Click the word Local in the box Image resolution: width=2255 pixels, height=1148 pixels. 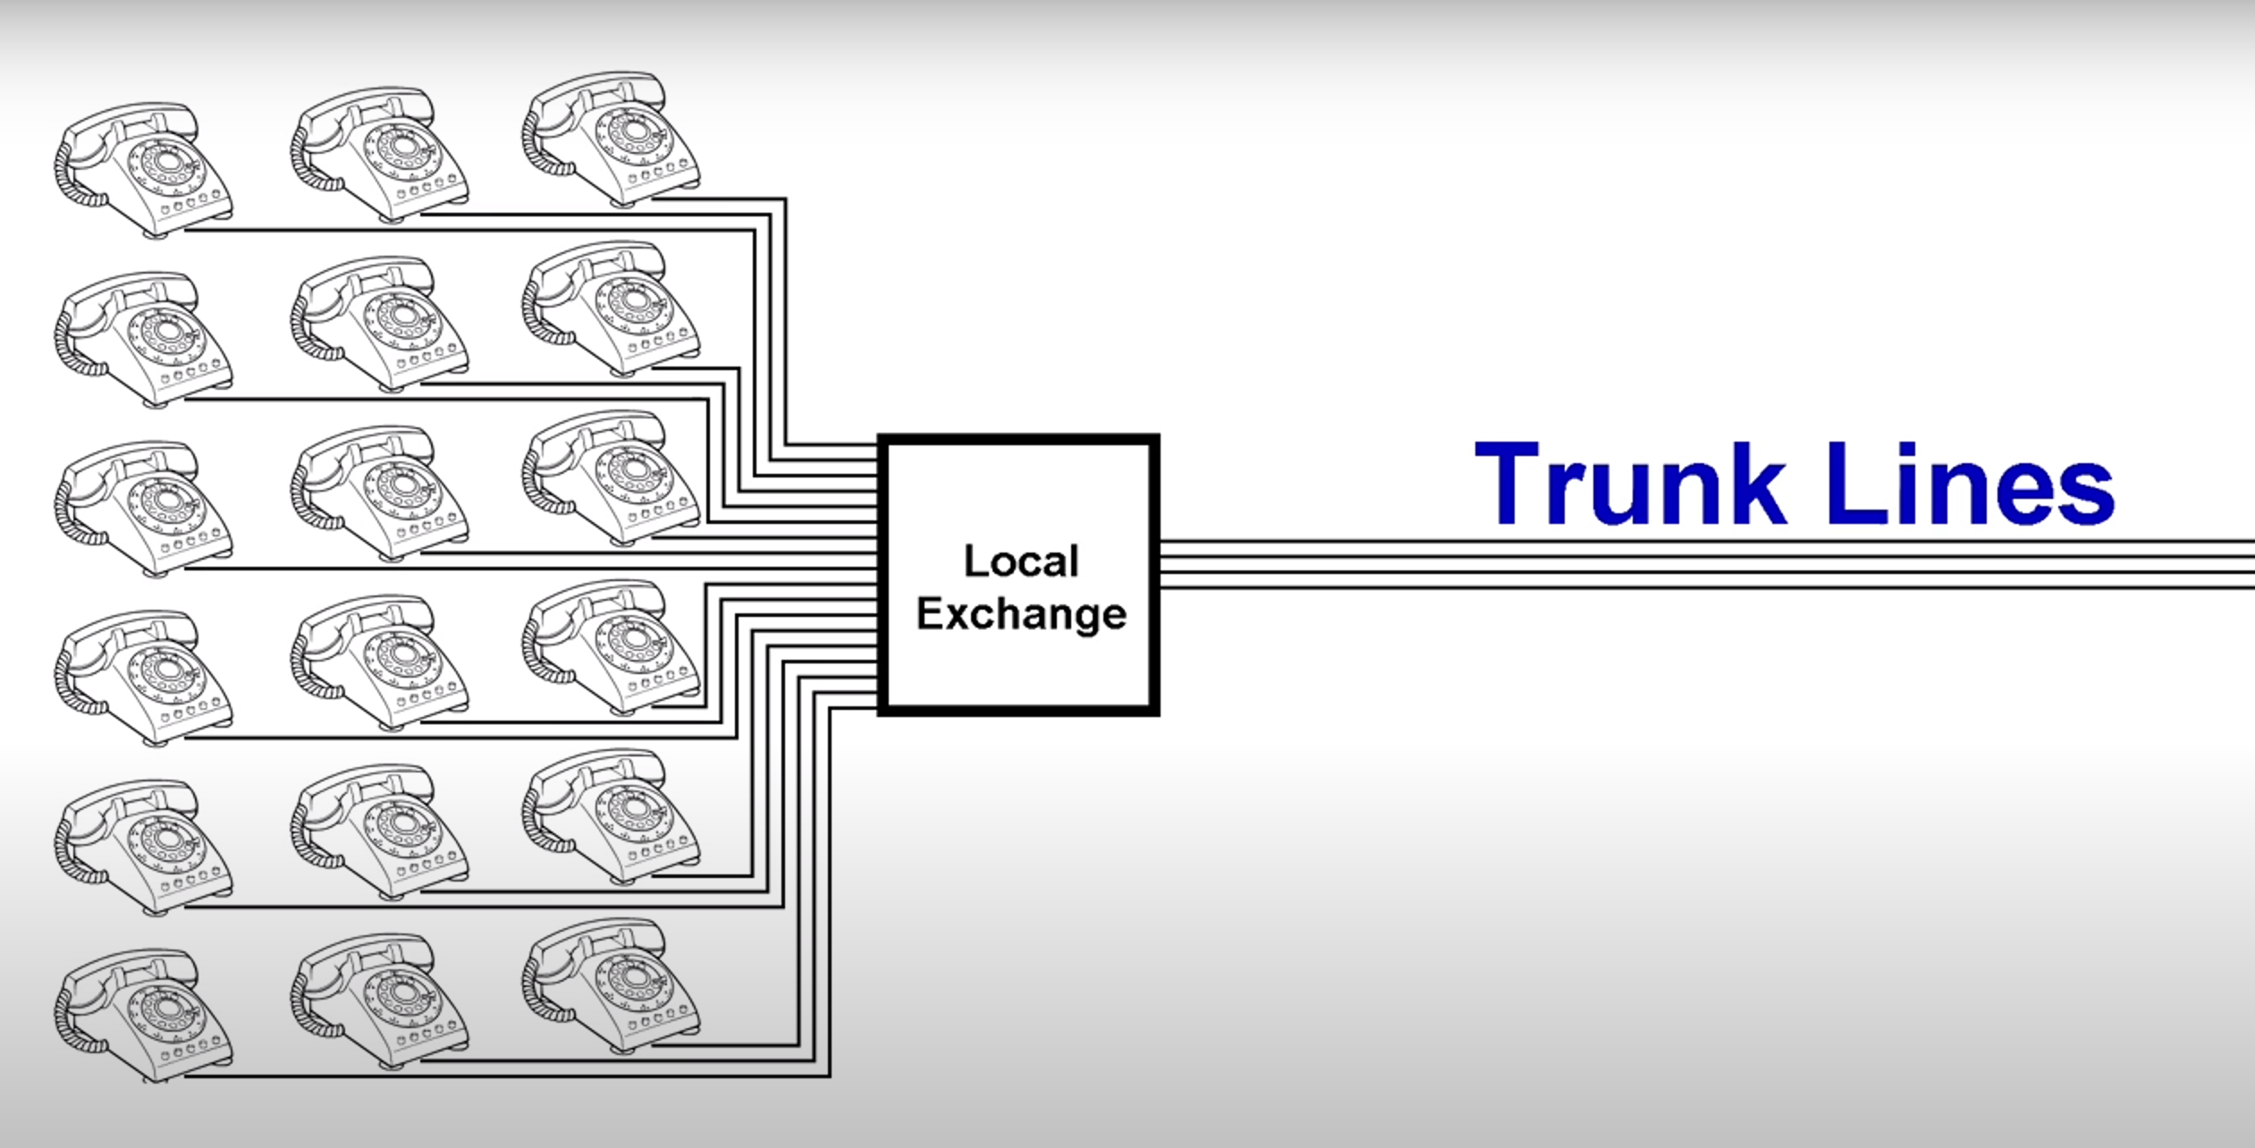(x=1021, y=561)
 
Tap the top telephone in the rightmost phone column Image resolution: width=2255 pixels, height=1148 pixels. (x=612, y=139)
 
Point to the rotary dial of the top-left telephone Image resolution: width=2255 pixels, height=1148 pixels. (x=167, y=163)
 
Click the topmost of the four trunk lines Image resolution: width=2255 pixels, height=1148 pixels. (x=1699, y=542)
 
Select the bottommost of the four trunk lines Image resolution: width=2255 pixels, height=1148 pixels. (x=1699, y=587)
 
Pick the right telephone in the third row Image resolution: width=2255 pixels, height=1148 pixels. (x=612, y=477)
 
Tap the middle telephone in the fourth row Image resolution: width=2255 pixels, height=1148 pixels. (x=380, y=663)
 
